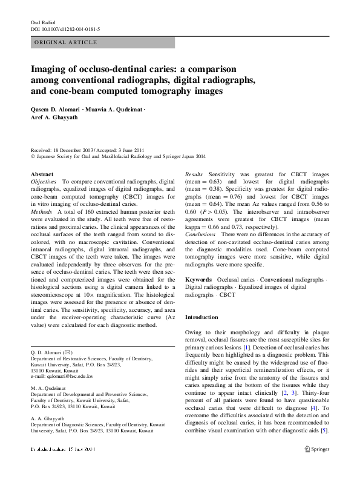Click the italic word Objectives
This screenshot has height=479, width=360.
click(x=44, y=182)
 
